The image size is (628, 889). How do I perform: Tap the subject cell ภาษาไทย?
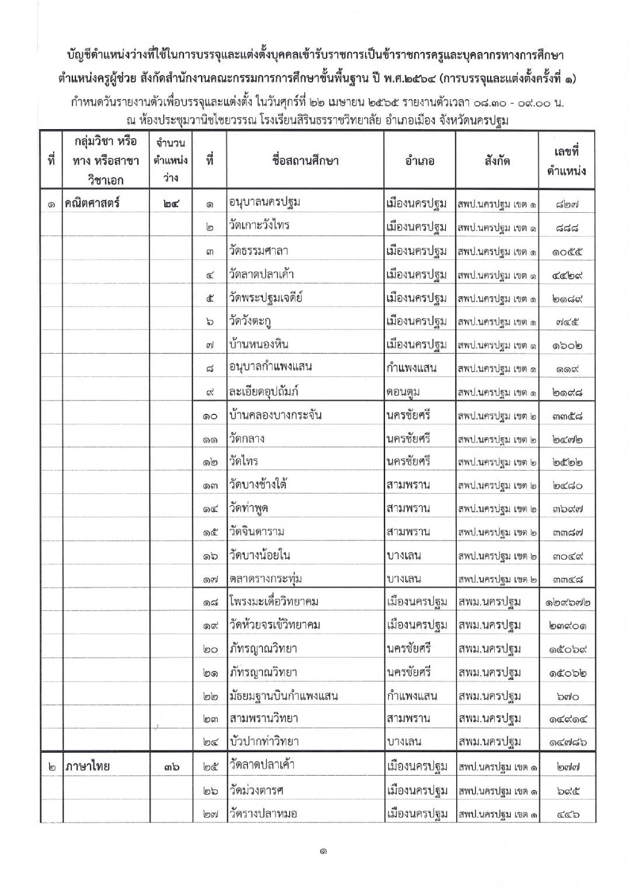[88, 766]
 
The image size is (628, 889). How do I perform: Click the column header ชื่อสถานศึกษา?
[305, 161]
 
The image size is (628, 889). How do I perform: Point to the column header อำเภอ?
[419, 161]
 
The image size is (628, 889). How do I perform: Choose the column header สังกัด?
[497, 161]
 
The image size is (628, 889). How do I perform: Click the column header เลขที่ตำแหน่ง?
[566, 161]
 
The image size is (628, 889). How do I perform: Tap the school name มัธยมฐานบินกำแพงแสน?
[284, 696]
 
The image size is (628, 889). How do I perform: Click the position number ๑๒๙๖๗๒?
[566, 602]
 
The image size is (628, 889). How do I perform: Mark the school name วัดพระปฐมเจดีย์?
[266, 298]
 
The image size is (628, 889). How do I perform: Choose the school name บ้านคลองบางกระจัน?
[276, 416]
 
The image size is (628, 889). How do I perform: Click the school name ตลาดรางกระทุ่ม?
[266, 579]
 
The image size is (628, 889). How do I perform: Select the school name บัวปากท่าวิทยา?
[264, 742]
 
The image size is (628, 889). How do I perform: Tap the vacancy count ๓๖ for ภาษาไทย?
[171, 766]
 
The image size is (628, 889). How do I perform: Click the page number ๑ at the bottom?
[322, 852]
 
